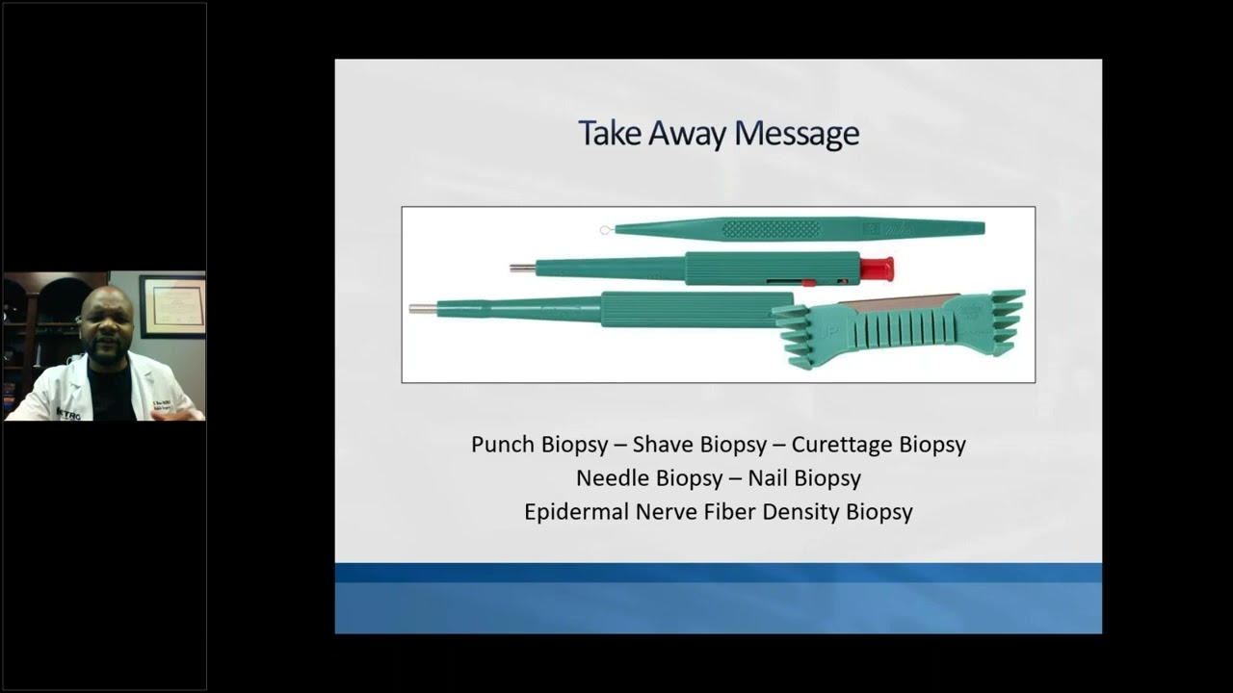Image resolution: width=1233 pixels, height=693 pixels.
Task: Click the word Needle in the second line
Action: [x=613, y=478]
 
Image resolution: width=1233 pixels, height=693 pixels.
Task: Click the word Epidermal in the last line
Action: [x=575, y=512]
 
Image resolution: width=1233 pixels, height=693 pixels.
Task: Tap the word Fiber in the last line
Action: [x=729, y=512]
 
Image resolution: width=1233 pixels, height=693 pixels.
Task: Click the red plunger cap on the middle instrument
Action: [x=876, y=269]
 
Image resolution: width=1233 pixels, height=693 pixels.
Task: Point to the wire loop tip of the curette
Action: [x=605, y=230]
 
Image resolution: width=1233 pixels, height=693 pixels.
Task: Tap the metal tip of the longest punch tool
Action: [x=422, y=309]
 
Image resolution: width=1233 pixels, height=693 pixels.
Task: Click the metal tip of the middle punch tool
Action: [x=521, y=268]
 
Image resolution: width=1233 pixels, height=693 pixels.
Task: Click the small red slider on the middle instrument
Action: [x=808, y=283]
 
